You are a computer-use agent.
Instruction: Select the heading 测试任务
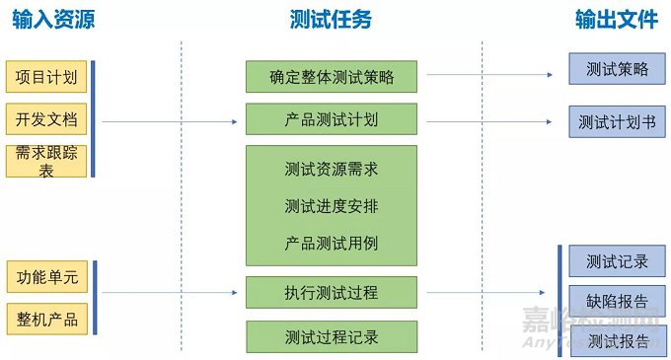tap(332, 20)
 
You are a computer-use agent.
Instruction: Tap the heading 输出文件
tap(617, 20)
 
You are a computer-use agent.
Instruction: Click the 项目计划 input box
tap(46, 77)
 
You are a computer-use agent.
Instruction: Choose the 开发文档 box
tap(46, 119)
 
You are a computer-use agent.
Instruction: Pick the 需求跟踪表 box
tap(46, 161)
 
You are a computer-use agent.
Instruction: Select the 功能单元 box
tap(46, 277)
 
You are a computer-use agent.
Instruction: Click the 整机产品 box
tap(46, 319)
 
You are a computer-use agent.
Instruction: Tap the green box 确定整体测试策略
tap(332, 77)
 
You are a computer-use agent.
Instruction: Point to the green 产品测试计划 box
tap(332, 119)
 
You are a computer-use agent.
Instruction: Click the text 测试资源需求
tap(332, 170)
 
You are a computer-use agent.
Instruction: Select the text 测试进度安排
tap(332, 206)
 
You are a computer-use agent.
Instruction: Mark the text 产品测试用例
tap(332, 243)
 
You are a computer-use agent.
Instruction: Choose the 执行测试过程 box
tap(332, 293)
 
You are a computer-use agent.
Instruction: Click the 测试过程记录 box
tap(332, 336)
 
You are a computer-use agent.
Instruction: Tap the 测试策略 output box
tap(617, 69)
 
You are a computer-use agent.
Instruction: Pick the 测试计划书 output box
tap(617, 122)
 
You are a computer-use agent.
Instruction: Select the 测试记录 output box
tap(617, 261)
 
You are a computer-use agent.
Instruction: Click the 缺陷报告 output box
tap(617, 301)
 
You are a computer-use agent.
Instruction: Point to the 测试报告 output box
tap(617, 341)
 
